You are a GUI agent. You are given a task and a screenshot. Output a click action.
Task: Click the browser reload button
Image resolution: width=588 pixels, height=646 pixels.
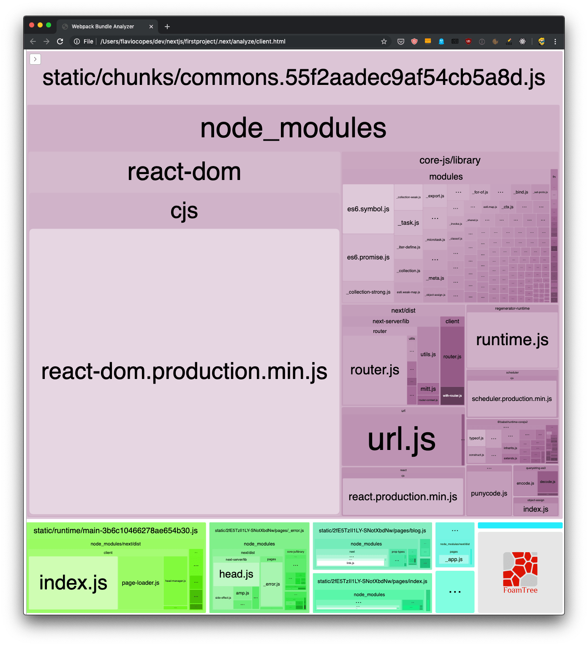[60, 41]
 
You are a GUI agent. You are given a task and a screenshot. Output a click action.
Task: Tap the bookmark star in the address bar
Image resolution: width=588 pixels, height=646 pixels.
[384, 41]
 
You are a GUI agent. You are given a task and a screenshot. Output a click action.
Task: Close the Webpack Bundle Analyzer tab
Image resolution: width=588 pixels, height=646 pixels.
[151, 27]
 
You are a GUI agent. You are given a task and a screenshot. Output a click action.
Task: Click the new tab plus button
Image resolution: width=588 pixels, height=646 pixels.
[167, 27]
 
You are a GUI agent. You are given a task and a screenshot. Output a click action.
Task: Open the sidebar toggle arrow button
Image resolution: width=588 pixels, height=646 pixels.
[35, 59]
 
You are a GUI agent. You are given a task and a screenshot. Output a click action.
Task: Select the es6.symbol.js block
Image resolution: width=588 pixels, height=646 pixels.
[368, 209]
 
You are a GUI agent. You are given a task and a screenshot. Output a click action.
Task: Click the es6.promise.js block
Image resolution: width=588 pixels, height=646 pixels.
[368, 257]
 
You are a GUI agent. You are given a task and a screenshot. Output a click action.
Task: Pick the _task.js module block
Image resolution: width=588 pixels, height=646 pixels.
[408, 223]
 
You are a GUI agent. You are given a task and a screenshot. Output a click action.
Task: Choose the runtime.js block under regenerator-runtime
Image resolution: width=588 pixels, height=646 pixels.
[512, 340]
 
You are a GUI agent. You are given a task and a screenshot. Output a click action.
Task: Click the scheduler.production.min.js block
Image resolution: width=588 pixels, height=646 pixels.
[512, 398]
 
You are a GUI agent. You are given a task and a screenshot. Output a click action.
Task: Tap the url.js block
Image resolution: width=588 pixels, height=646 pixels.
[401, 439]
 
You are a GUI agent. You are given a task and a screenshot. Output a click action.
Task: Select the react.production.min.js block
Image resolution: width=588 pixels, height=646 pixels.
[403, 496]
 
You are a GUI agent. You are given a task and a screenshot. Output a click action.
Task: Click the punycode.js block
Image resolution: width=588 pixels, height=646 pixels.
[489, 493]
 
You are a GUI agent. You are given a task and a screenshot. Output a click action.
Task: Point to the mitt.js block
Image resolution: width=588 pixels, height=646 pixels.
[428, 389]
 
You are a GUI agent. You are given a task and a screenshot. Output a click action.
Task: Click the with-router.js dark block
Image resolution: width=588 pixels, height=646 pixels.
[452, 396]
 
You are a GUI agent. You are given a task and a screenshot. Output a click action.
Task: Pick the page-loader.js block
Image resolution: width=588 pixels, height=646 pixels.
[140, 583]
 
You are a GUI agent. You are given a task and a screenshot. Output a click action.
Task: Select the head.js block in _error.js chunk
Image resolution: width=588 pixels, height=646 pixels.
[236, 574]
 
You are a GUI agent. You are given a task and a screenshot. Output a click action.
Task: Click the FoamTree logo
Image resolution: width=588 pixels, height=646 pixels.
[520, 572]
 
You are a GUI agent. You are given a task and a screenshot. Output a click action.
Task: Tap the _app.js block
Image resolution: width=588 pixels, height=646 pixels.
[455, 559]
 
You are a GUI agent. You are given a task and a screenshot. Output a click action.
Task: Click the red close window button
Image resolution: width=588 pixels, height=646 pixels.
[32, 25]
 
